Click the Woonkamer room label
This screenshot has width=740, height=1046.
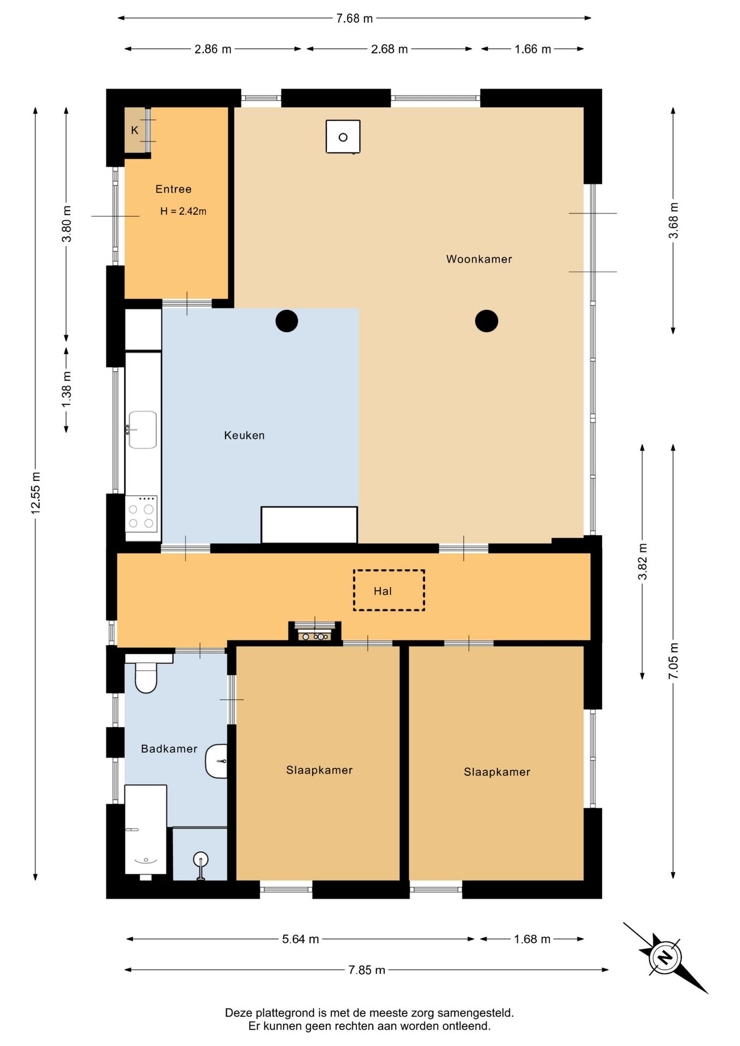[479, 259]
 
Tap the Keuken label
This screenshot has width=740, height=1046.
[244, 435]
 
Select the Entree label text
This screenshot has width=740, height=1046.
[173, 189]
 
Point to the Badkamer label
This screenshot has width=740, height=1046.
[169, 749]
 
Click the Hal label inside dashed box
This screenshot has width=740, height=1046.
[383, 591]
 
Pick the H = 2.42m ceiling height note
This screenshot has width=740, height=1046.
[183, 211]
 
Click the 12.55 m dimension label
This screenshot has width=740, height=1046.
[35, 492]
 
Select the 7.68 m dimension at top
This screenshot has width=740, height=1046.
[354, 19]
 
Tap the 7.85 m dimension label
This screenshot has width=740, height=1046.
[367, 970]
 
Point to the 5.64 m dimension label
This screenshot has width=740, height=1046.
[300, 939]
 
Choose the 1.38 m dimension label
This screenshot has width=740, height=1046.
[66, 390]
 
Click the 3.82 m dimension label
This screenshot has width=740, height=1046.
[642, 562]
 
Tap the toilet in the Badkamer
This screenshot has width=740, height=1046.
[146, 673]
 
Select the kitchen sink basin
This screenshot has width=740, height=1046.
[143, 430]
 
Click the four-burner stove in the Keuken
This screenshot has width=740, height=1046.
[142, 514]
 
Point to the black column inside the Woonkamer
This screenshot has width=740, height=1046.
[487, 321]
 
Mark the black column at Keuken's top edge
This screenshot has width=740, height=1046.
[287, 321]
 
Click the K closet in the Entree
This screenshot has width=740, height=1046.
[135, 130]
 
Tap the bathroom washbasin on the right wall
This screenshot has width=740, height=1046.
[216, 761]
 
